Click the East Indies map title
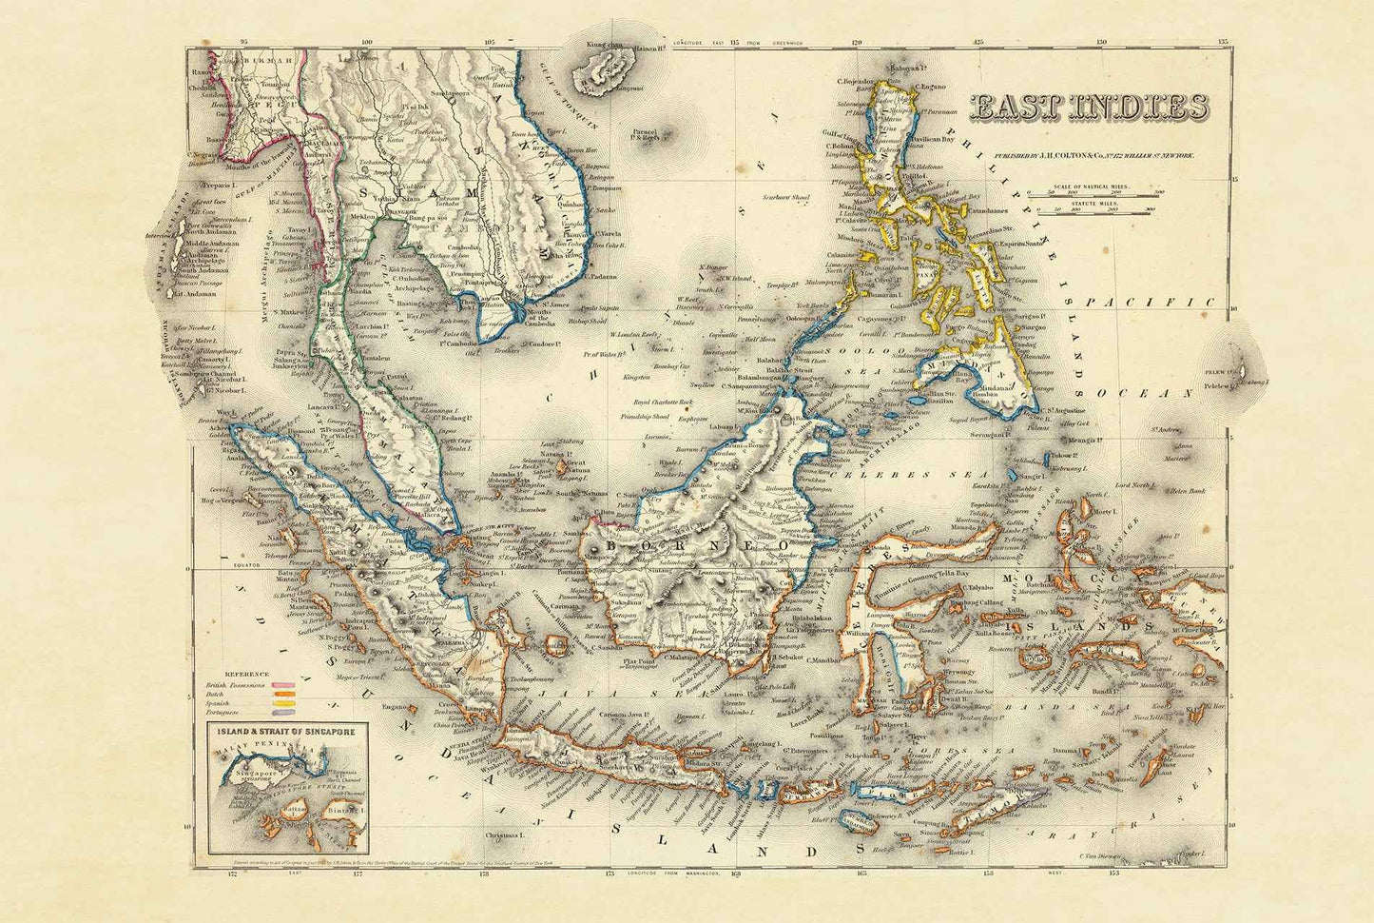coord(1089,108)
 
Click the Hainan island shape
coord(603,71)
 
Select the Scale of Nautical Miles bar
coord(1122,193)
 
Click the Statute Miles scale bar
coord(1122,211)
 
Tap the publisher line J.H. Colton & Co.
coord(1093,154)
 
